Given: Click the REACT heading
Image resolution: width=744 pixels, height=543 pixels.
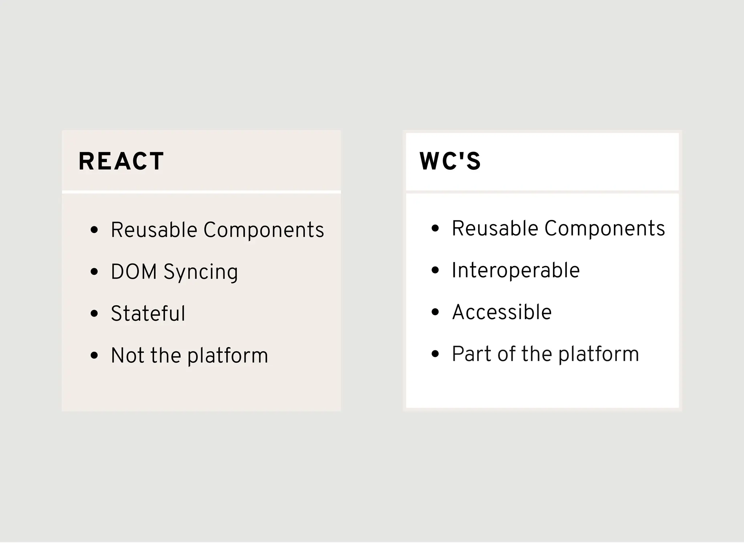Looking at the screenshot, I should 121,161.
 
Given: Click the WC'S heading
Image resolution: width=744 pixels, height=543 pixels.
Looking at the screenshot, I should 450,161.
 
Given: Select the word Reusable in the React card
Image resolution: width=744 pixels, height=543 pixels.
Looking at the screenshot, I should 154,230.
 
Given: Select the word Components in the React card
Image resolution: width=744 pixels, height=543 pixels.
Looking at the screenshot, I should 263,230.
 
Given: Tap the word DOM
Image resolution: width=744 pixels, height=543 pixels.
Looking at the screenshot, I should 134,272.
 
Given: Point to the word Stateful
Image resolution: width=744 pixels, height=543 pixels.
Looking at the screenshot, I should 148,314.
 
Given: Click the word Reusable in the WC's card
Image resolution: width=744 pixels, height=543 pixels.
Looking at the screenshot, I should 494,229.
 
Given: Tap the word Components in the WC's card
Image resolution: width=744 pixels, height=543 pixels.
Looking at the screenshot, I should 604,229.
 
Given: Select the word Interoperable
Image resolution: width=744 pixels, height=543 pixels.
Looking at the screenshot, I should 515,270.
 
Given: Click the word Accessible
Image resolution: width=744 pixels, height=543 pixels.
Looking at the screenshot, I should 502,312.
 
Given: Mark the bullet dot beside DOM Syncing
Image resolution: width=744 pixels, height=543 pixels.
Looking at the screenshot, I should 94,272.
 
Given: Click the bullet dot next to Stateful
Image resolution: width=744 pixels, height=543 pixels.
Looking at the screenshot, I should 94,314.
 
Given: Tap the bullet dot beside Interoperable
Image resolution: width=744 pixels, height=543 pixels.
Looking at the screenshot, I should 435,270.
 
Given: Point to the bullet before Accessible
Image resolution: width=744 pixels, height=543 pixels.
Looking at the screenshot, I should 435,312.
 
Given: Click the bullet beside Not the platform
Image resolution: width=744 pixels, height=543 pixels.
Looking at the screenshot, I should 94,355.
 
